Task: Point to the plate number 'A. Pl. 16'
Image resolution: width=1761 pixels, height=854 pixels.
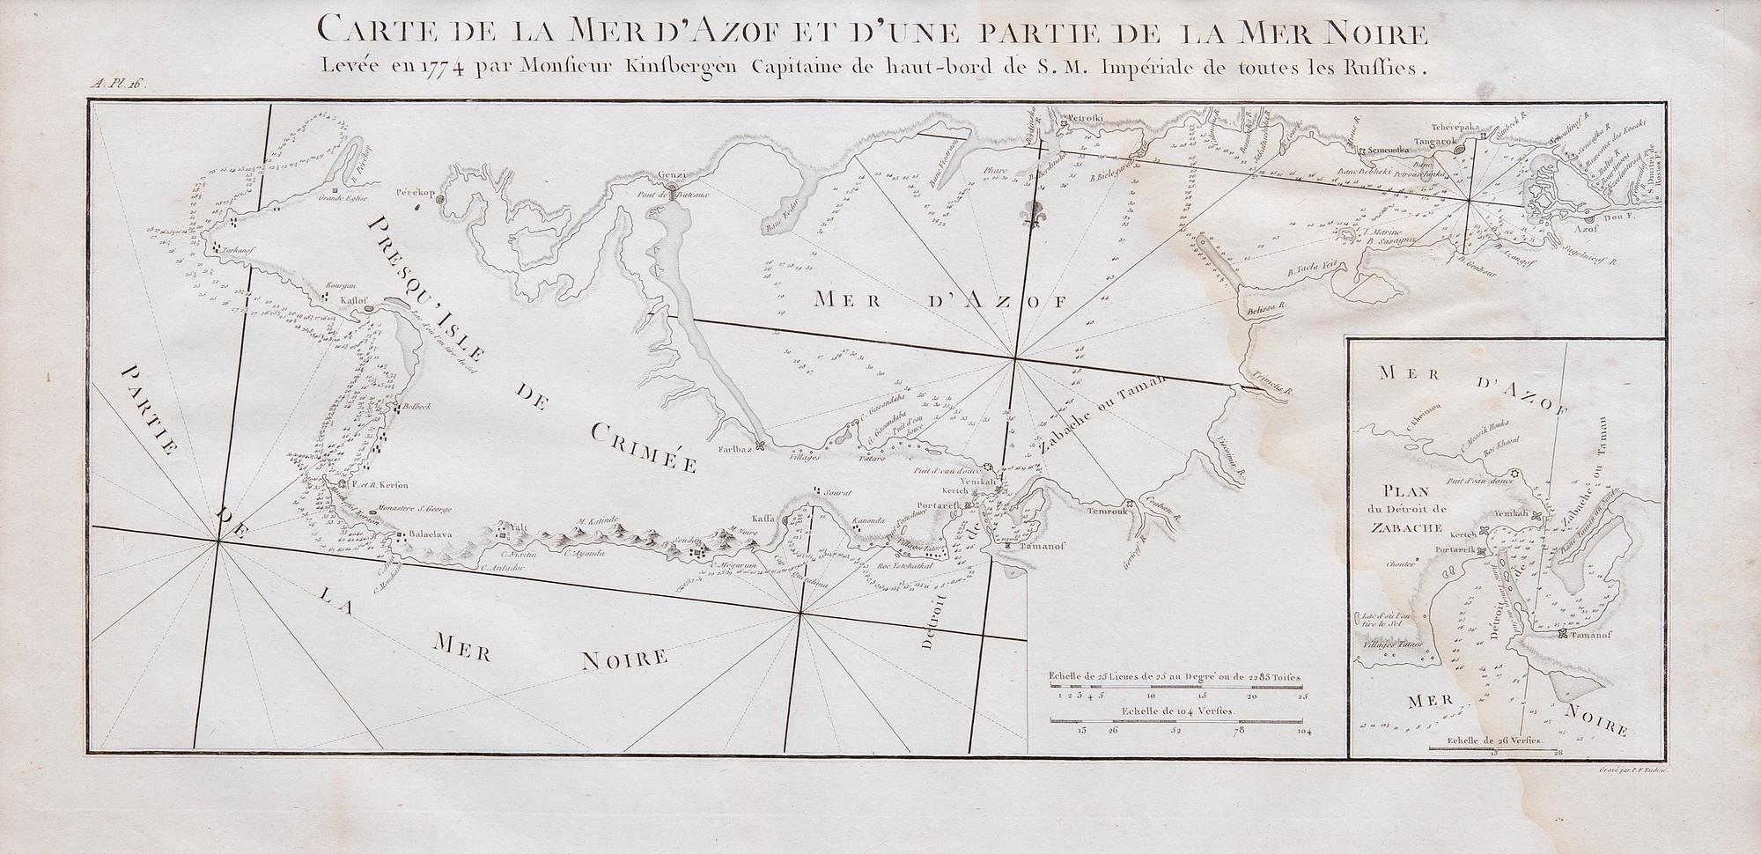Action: [117, 85]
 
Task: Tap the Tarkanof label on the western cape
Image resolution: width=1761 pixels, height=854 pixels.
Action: [239, 249]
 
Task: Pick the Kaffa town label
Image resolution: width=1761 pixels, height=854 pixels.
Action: [763, 519]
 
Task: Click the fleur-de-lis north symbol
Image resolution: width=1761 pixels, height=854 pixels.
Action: [1028, 212]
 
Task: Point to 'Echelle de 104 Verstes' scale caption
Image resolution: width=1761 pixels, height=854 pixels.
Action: [1179, 710]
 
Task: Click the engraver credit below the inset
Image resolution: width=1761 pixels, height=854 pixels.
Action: [1631, 769]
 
